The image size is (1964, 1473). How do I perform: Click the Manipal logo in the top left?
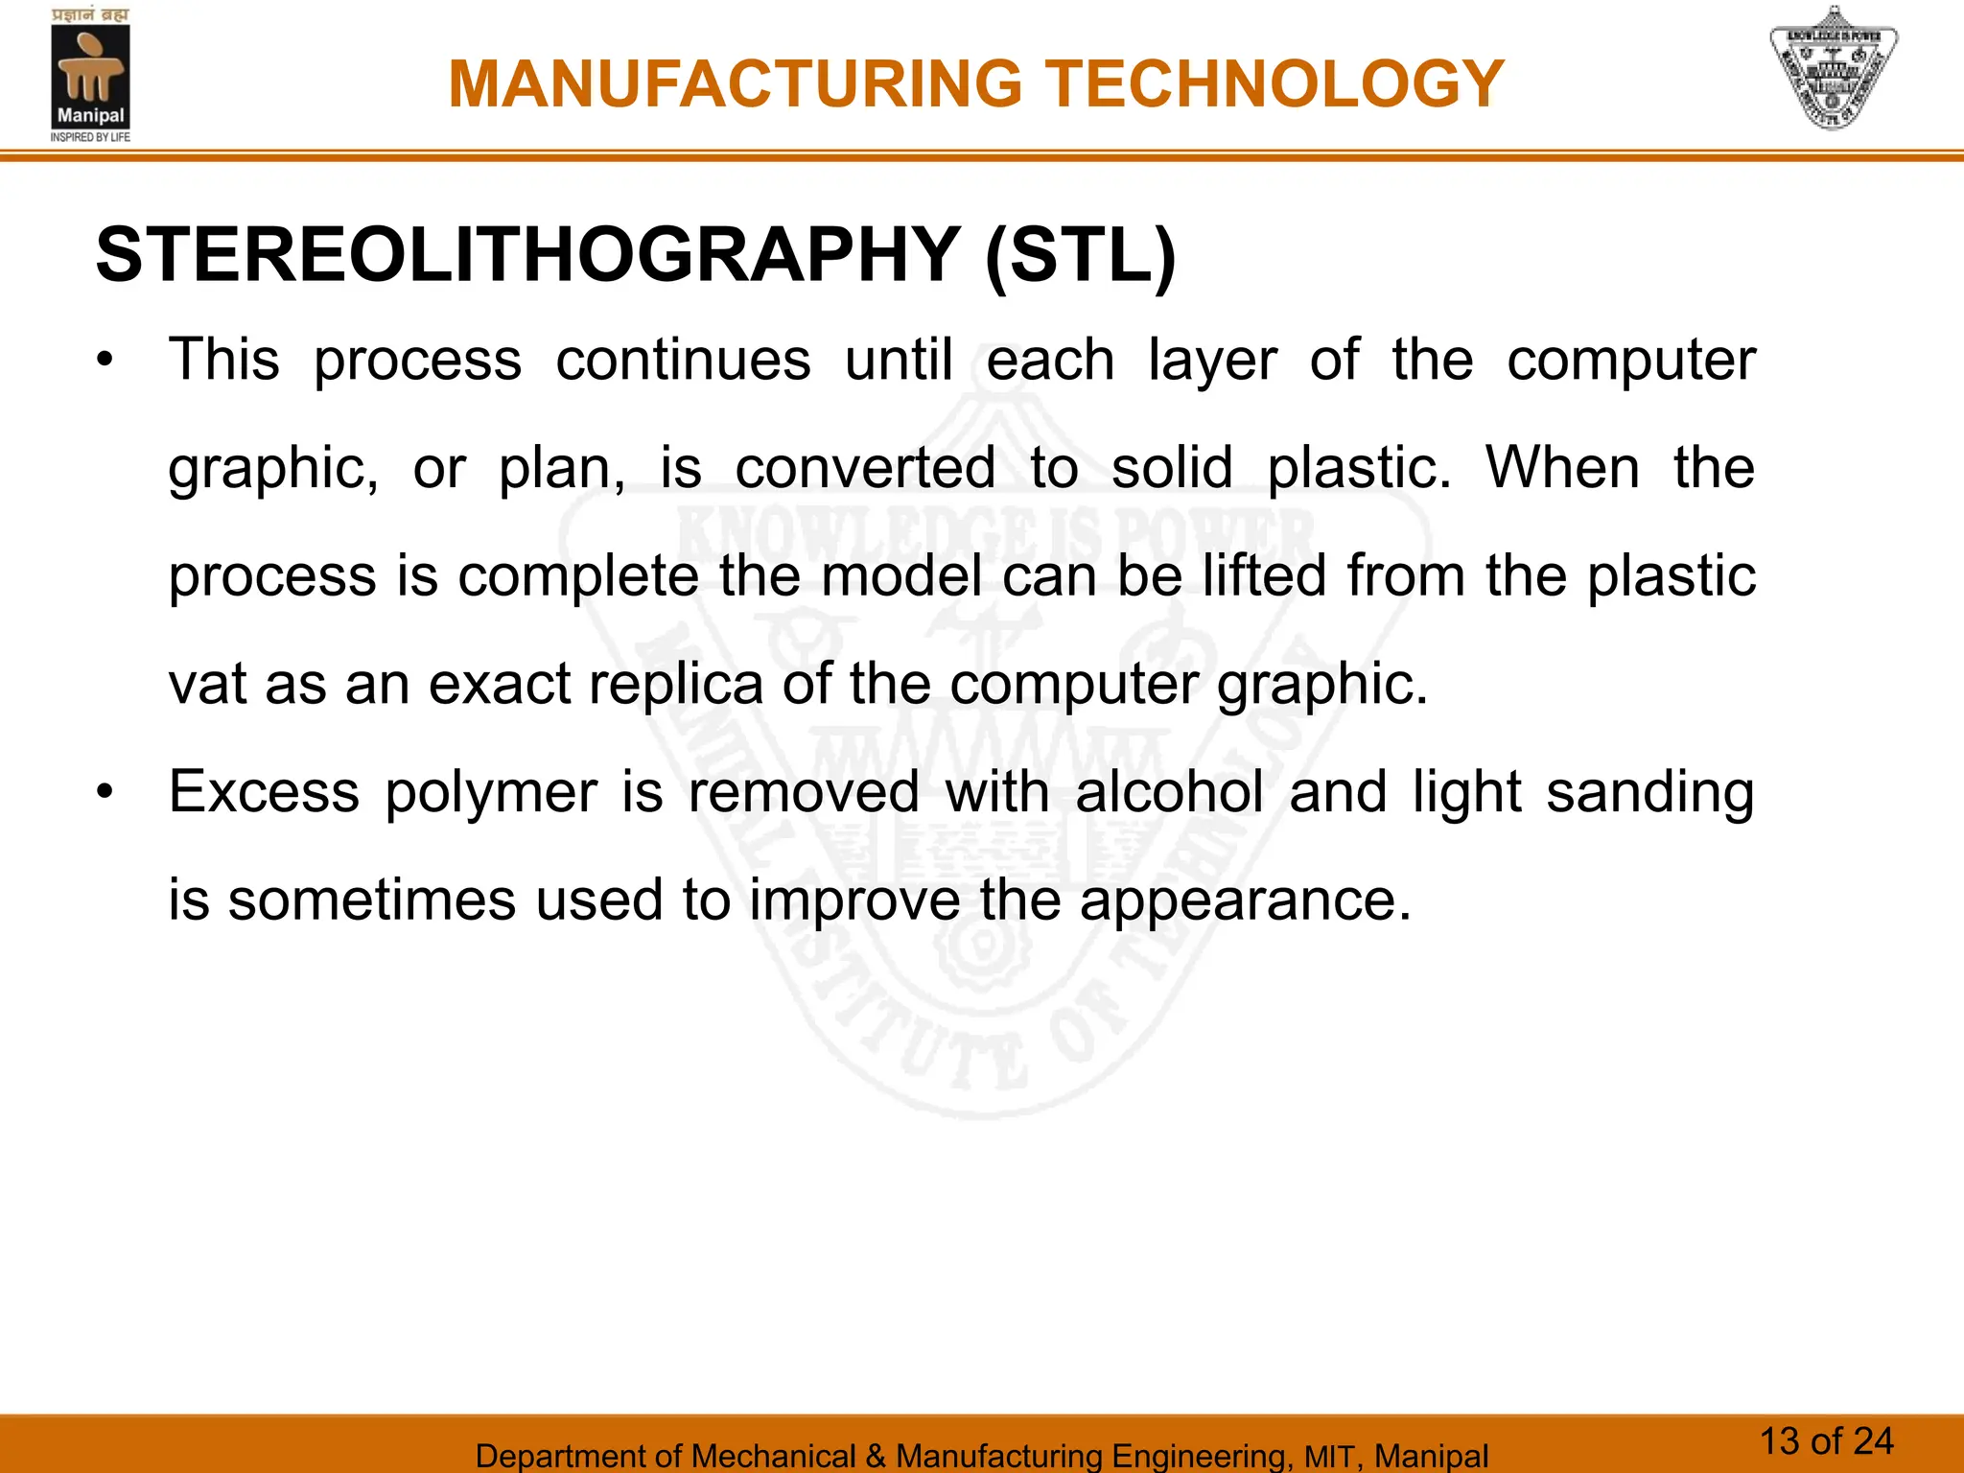(x=90, y=75)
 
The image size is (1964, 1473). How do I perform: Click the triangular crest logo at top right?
(x=1833, y=69)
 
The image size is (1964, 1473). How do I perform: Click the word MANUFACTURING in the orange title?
(x=736, y=84)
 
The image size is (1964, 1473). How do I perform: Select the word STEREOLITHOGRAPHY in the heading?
(x=527, y=255)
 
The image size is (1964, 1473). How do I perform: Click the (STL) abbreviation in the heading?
(x=1080, y=255)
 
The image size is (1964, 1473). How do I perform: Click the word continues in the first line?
(x=683, y=361)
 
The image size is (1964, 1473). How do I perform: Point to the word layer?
(x=1212, y=362)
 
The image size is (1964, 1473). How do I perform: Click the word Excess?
(x=264, y=792)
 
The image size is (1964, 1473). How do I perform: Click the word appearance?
(x=1245, y=901)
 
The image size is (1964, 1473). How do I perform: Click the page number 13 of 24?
(x=1826, y=1441)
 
